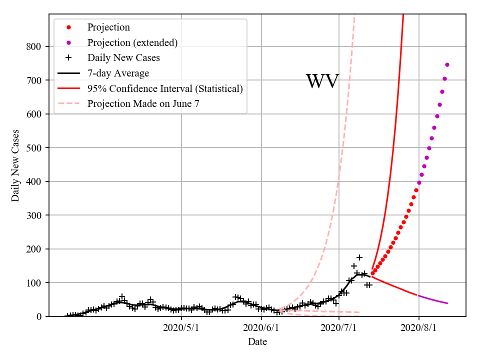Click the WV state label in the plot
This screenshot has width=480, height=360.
click(x=322, y=81)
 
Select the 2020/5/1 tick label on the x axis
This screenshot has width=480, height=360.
click(x=181, y=328)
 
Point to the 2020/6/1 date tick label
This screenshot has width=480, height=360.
click(x=261, y=328)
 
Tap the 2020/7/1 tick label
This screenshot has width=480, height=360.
click(x=339, y=328)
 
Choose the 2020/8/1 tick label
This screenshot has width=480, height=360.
click(x=419, y=328)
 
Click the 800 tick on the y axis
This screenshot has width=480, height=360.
click(x=34, y=46)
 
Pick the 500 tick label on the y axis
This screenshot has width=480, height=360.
click(x=34, y=148)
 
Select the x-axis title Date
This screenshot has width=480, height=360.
click(x=257, y=342)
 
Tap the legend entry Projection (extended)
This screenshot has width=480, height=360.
click(x=132, y=42)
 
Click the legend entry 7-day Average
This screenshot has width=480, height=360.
click(x=118, y=73)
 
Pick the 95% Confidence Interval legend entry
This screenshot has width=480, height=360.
click(x=165, y=88)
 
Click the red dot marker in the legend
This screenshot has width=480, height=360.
click(x=69, y=27)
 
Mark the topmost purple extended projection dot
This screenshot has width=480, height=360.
click(x=447, y=64)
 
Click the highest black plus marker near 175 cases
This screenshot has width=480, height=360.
click(x=359, y=257)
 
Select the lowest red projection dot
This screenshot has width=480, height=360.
click(x=372, y=273)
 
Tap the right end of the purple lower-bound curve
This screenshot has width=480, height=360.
click(x=447, y=303)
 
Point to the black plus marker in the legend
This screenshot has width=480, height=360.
click(x=69, y=58)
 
